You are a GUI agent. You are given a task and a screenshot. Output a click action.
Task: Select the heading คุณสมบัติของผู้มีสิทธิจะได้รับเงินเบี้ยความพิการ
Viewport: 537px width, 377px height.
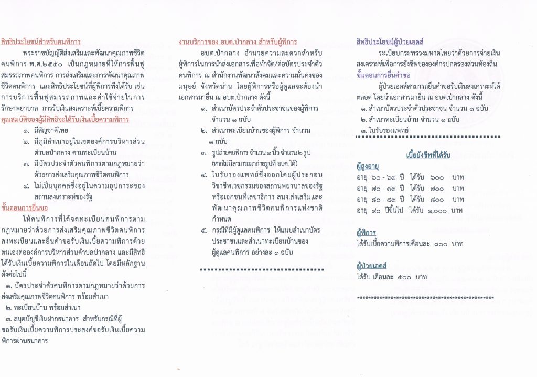point(65,120)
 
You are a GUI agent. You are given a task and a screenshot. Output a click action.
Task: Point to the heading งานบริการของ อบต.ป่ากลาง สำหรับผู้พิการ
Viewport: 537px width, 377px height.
point(238,41)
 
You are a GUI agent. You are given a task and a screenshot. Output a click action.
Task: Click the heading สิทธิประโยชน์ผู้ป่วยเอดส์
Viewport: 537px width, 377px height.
point(390,41)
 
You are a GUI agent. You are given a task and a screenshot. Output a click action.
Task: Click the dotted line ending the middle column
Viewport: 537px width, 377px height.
point(262,269)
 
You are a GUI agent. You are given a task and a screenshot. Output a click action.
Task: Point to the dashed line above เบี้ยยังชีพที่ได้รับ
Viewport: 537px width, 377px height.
point(427,137)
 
